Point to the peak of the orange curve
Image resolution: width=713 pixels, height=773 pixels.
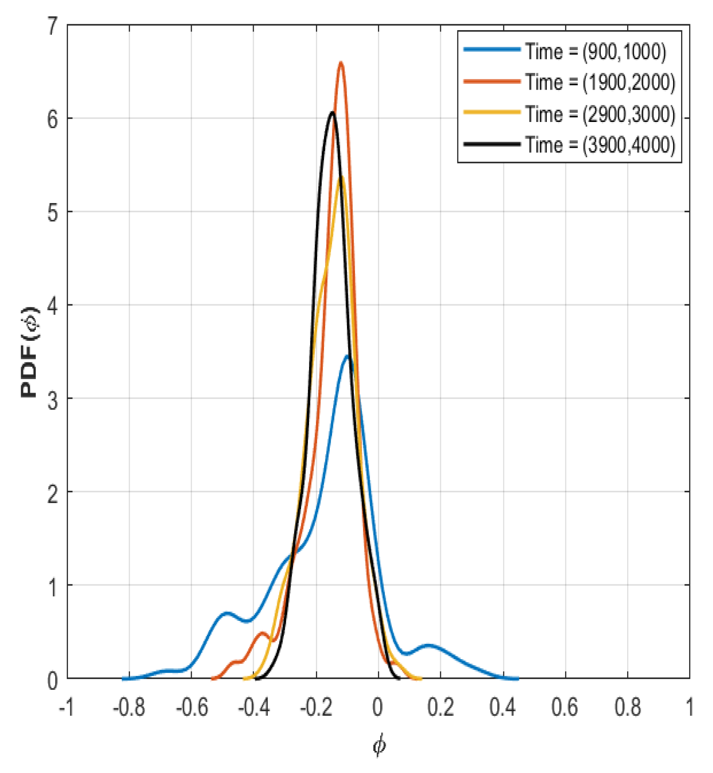(x=341, y=63)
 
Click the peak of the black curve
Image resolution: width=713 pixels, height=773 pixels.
(x=332, y=112)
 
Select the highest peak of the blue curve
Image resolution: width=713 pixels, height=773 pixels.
(x=348, y=356)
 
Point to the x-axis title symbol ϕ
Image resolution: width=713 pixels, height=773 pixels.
(x=379, y=746)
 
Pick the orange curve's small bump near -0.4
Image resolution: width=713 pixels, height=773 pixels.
(x=262, y=633)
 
